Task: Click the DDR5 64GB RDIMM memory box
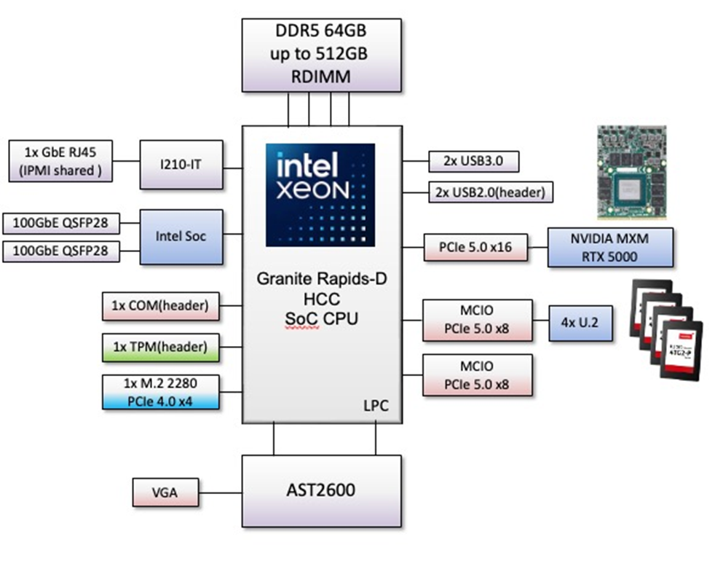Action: click(x=321, y=55)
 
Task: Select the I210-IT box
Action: click(x=181, y=165)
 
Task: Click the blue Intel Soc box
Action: click(x=181, y=236)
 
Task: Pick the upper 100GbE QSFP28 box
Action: click(x=61, y=221)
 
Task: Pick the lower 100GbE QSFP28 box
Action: click(x=61, y=251)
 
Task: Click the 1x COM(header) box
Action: click(x=160, y=306)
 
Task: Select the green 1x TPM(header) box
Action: click(x=160, y=347)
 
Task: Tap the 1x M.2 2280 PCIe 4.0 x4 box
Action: click(x=160, y=392)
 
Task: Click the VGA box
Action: click(x=165, y=492)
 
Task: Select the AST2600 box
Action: click(x=321, y=490)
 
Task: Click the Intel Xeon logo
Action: click(x=320, y=194)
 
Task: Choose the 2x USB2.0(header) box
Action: click(x=490, y=192)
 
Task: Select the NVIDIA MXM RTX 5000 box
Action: click(x=610, y=247)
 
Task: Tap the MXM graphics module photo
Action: click(x=631, y=172)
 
